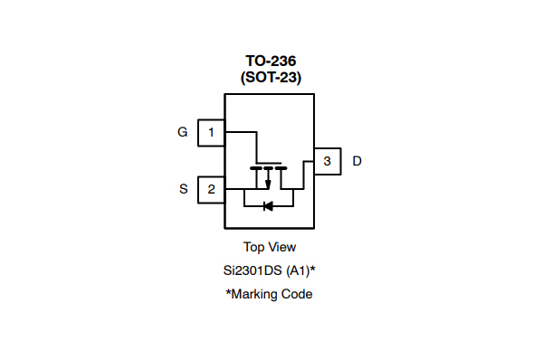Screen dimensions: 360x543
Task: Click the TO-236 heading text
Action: (x=271, y=62)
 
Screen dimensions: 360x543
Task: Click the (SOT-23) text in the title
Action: (x=271, y=78)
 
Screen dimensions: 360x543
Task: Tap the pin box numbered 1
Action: (x=211, y=132)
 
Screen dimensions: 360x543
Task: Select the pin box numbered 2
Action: (x=211, y=189)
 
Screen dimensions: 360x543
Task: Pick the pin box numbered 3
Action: (x=327, y=161)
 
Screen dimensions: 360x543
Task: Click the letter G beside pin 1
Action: (x=182, y=132)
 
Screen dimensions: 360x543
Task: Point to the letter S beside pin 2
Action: (x=183, y=189)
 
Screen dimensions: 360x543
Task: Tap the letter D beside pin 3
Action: (x=357, y=161)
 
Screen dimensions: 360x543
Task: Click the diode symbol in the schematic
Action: (x=268, y=205)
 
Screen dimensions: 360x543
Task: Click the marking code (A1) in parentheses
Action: (x=298, y=270)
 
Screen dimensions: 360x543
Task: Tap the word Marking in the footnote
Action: (x=257, y=294)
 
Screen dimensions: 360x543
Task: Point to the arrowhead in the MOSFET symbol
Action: (x=268, y=185)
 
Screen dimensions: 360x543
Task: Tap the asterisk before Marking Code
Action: (x=228, y=292)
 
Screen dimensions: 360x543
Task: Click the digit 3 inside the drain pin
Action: (x=327, y=161)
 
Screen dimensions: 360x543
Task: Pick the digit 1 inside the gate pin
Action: (x=211, y=132)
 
